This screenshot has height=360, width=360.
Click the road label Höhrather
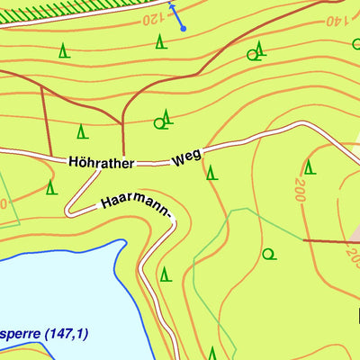point(101,163)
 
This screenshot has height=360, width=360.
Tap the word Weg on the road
point(186,158)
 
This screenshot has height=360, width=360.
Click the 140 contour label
point(335,19)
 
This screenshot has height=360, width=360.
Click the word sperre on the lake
point(25,334)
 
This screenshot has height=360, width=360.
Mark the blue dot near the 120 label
point(183,29)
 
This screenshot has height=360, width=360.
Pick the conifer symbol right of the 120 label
point(160,40)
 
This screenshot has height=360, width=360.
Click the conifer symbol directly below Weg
point(211,172)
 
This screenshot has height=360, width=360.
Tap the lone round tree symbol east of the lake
point(267,254)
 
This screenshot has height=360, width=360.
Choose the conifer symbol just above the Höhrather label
point(81,131)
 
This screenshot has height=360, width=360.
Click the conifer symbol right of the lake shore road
point(165,274)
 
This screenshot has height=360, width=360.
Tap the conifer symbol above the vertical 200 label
point(309,166)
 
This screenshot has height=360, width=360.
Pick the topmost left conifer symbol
point(63,51)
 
